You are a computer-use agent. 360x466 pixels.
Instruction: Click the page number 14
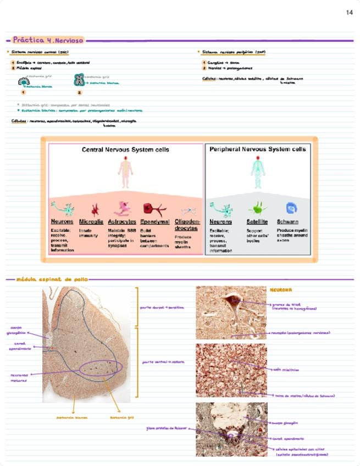click(350, 13)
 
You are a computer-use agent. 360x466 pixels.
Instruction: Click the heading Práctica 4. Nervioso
click(48, 40)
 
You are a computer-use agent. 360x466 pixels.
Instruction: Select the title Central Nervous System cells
click(125, 149)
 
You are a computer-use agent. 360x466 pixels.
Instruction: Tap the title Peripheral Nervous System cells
click(257, 149)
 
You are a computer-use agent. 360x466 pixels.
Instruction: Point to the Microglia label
click(91, 222)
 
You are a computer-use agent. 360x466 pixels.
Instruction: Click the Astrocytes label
click(122, 222)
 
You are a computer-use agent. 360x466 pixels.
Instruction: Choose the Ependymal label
click(154, 222)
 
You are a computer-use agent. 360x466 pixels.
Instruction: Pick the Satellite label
click(257, 222)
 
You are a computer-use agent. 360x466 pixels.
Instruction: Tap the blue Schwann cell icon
click(291, 208)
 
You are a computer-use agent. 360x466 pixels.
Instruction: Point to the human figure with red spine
click(125, 173)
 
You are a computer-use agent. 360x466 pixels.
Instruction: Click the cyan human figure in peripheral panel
click(257, 173)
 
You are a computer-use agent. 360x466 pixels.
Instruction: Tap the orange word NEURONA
click(281, 290)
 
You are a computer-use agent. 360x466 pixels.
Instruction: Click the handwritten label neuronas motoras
click(19, 378)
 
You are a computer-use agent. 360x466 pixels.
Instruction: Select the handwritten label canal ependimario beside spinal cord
click(19, 346)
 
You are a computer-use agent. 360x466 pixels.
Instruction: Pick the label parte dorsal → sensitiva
click(162, 308)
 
